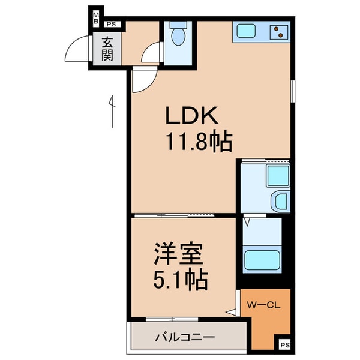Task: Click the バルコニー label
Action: [187, 338]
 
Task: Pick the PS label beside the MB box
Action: [112, 25]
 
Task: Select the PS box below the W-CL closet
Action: [284, 345]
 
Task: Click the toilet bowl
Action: [178, 35]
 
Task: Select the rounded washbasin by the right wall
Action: [280, 202]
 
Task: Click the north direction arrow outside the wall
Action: [112, 111]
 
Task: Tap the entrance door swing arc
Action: [77, 50]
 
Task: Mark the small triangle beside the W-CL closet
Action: [230, 311]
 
